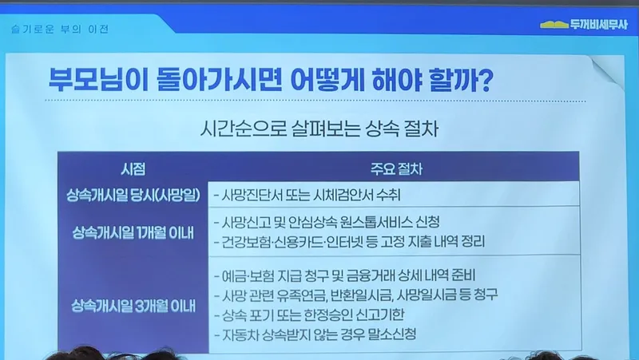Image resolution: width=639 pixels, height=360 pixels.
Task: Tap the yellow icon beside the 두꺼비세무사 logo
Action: coord(554,25)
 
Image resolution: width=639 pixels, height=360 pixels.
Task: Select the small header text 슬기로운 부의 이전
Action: coord(61,30)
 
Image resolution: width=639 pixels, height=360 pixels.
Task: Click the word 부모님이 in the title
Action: coord(97,79)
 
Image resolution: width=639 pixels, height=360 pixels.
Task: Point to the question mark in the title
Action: coord(485,80)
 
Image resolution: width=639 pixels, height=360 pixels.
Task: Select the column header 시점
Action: coord(133,169)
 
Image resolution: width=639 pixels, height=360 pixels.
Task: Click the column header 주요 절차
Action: coord(396,169)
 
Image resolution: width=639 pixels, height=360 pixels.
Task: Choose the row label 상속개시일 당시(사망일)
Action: coord(133,196)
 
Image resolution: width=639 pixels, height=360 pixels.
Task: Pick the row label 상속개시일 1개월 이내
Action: coord(133,233)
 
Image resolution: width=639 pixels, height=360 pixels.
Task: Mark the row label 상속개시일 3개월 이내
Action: coord(133,306)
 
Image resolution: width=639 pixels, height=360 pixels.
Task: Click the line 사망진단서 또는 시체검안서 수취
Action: coord(307,196)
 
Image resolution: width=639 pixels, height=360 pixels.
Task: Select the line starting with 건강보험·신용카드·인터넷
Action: coord(349,242)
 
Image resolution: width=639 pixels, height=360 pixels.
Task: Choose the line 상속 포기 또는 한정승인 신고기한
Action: coord(309,315)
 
